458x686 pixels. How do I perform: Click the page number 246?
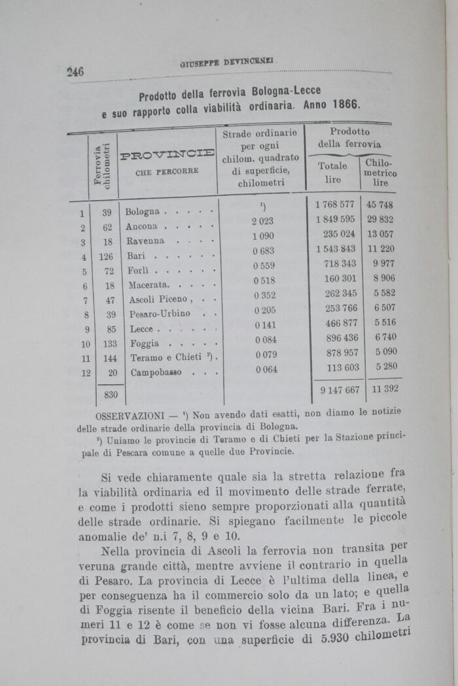75,71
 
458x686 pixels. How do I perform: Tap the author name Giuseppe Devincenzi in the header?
228,63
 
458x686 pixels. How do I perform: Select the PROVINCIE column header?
168,155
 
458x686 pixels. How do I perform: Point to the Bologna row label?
142,212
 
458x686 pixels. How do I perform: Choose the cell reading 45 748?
380,205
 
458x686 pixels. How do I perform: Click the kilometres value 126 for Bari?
106,256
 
